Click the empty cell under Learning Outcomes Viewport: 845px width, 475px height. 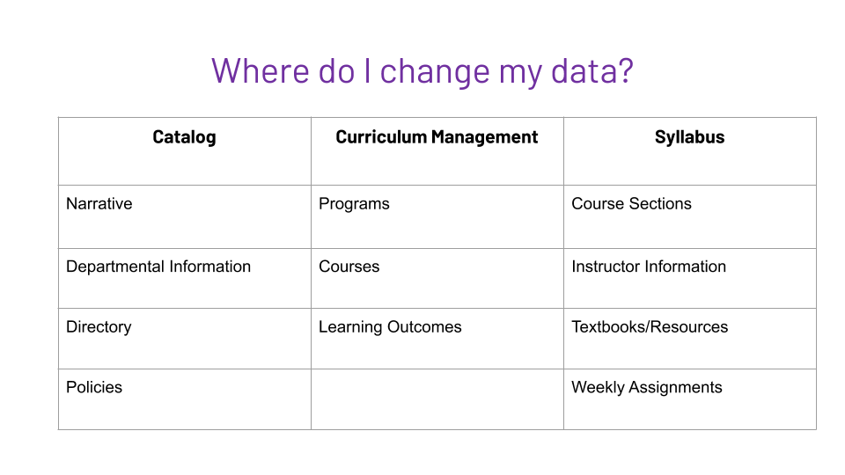pyautogui.click(x=437, y=399)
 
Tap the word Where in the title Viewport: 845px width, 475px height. pyautogui.click(x=260, y=70)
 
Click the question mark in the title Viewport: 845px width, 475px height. pyautogui.click(x=626, y=70)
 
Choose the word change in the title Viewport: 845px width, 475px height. pyautogui.click(x=435, y=71)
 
